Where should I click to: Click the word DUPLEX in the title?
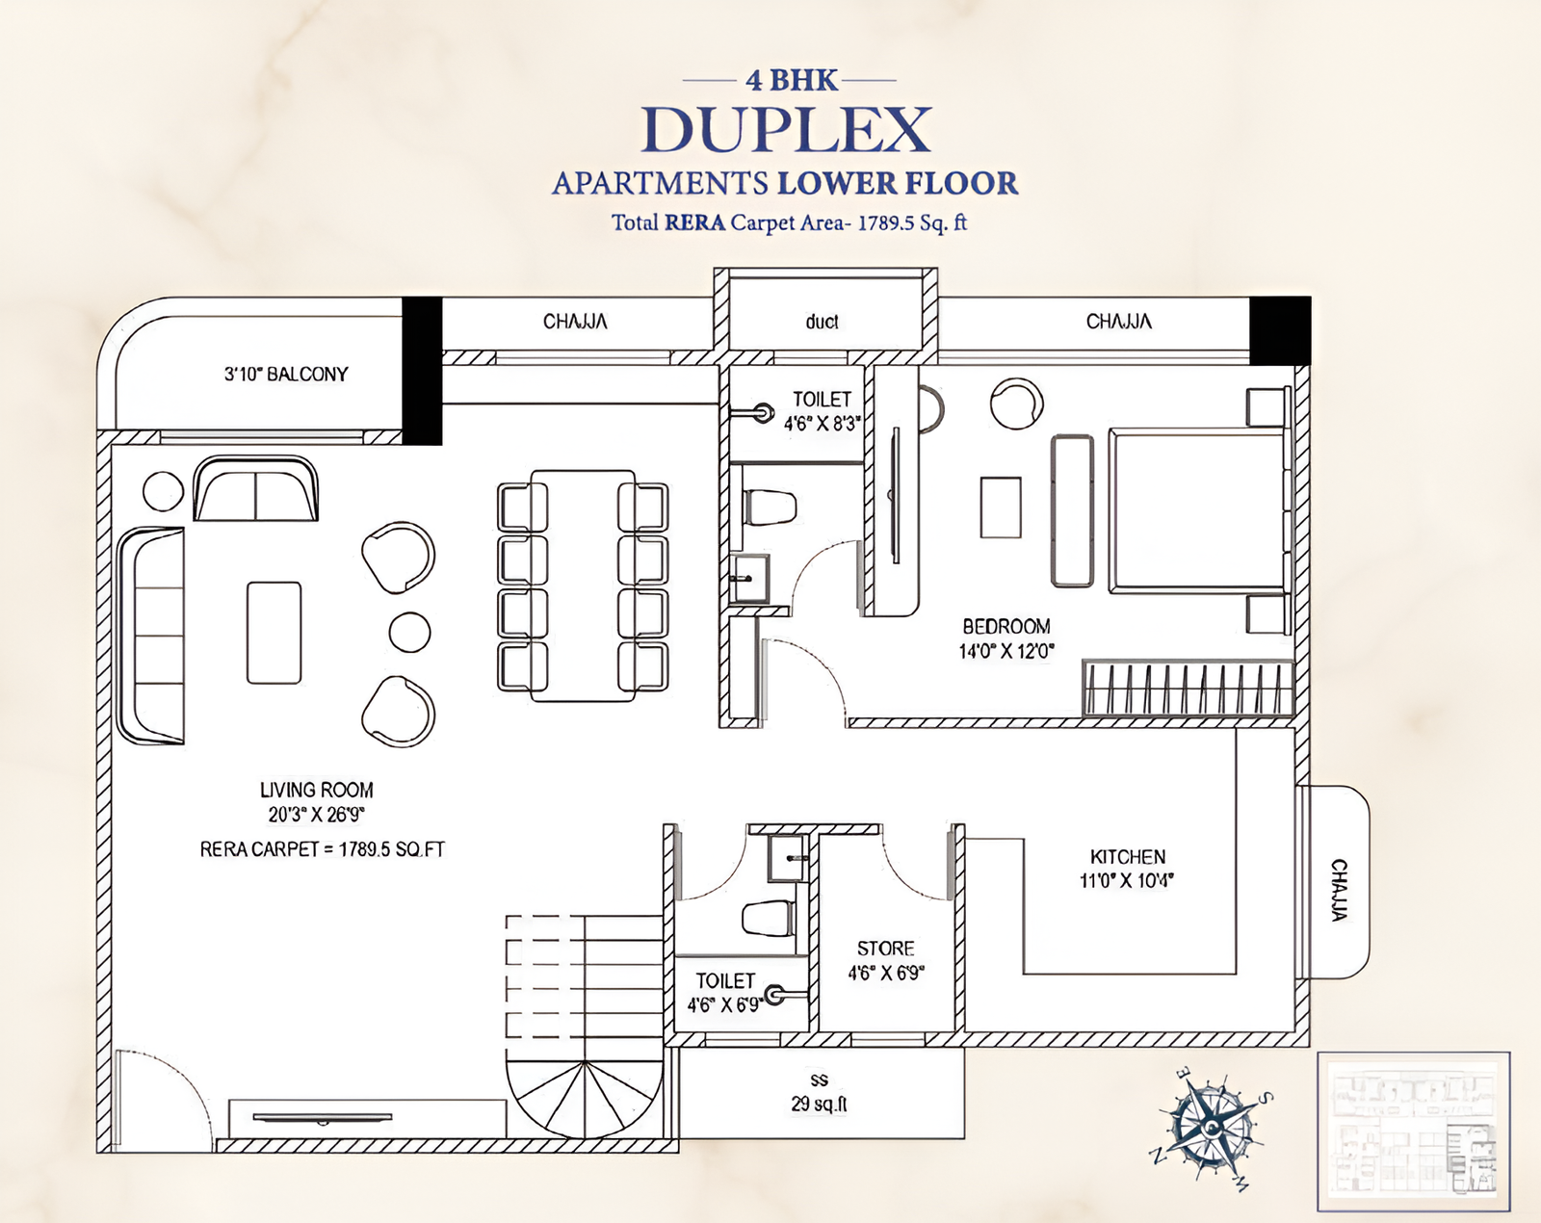point(787,130)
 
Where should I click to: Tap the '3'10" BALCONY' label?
point(286,374)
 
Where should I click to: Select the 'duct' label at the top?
point(822,322)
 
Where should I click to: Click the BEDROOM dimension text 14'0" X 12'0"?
point(1006,651)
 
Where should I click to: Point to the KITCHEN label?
point(1127,856)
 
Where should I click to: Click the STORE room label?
point(885,949)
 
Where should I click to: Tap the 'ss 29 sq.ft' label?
point(819,1093)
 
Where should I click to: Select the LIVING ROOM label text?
point(316,790)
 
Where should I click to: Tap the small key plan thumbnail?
point(1413,1131)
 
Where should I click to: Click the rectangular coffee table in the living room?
point(274,632)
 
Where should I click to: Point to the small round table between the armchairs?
point(409,633)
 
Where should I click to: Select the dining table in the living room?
point(582,585)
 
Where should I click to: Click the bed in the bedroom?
point(1196,508)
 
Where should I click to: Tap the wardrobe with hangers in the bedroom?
point(1187,688)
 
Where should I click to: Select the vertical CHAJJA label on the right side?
point(1339,890)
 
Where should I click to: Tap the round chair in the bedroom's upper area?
point(1015,403)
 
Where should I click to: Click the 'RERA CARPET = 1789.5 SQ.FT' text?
point(322,849)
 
